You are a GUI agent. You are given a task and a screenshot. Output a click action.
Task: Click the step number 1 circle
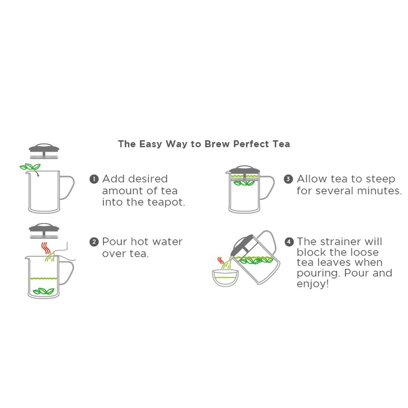point(94,179)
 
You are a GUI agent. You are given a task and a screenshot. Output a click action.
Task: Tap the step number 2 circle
point(94,242)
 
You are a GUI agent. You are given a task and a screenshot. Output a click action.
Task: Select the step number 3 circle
point(289,179)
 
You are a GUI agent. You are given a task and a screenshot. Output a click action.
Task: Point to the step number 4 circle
point(289,242)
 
